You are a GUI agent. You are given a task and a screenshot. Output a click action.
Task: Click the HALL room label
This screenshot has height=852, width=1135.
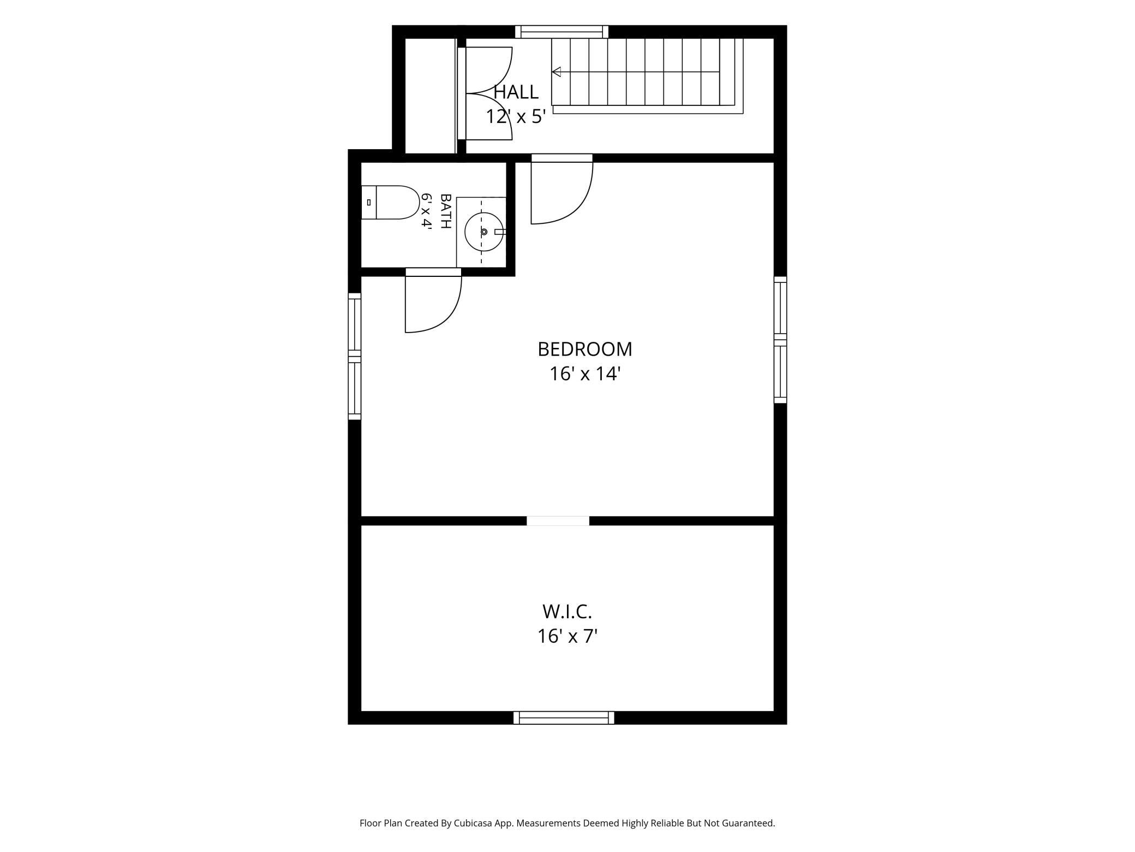pyautogui.click(x=516, y=92)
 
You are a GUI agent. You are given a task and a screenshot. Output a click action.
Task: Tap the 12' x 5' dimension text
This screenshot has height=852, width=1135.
pyautogui.click(x=516, y=116)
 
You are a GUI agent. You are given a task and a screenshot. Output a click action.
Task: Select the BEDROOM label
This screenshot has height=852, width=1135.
pyautogui.click(x=585, y=349)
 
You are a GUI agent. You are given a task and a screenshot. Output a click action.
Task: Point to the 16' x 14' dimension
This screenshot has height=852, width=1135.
pyautogui.click(x=585, y=374)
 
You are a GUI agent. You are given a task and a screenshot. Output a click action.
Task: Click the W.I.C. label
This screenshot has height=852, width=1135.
pyautogui.click(x=567, y=612)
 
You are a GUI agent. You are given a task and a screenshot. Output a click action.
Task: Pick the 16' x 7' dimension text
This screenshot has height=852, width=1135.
pyautogui.click(x=567, y=637)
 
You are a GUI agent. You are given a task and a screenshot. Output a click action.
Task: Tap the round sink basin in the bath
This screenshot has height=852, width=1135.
pyautogui.click(x=484, y=232)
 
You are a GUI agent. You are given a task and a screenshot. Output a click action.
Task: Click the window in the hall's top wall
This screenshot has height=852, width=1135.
pyautogui.click(x=561, y=32)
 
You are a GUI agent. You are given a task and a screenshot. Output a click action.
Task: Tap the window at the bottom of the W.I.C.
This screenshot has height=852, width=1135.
pyautogui.click(x=564, y=718)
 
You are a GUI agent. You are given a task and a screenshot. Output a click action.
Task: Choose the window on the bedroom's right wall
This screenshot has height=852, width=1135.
pyautogui.click(x=780, y=340)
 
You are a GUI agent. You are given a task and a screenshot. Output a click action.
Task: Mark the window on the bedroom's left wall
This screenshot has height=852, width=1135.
pyautogui.click(x=355, y=356)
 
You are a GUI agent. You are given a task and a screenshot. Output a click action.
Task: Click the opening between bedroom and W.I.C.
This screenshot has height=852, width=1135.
pyautogui.click(x=558, y=520)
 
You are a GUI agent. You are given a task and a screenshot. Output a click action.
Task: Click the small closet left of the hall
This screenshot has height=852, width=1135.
pyautogui.click(x=430, y=96)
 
